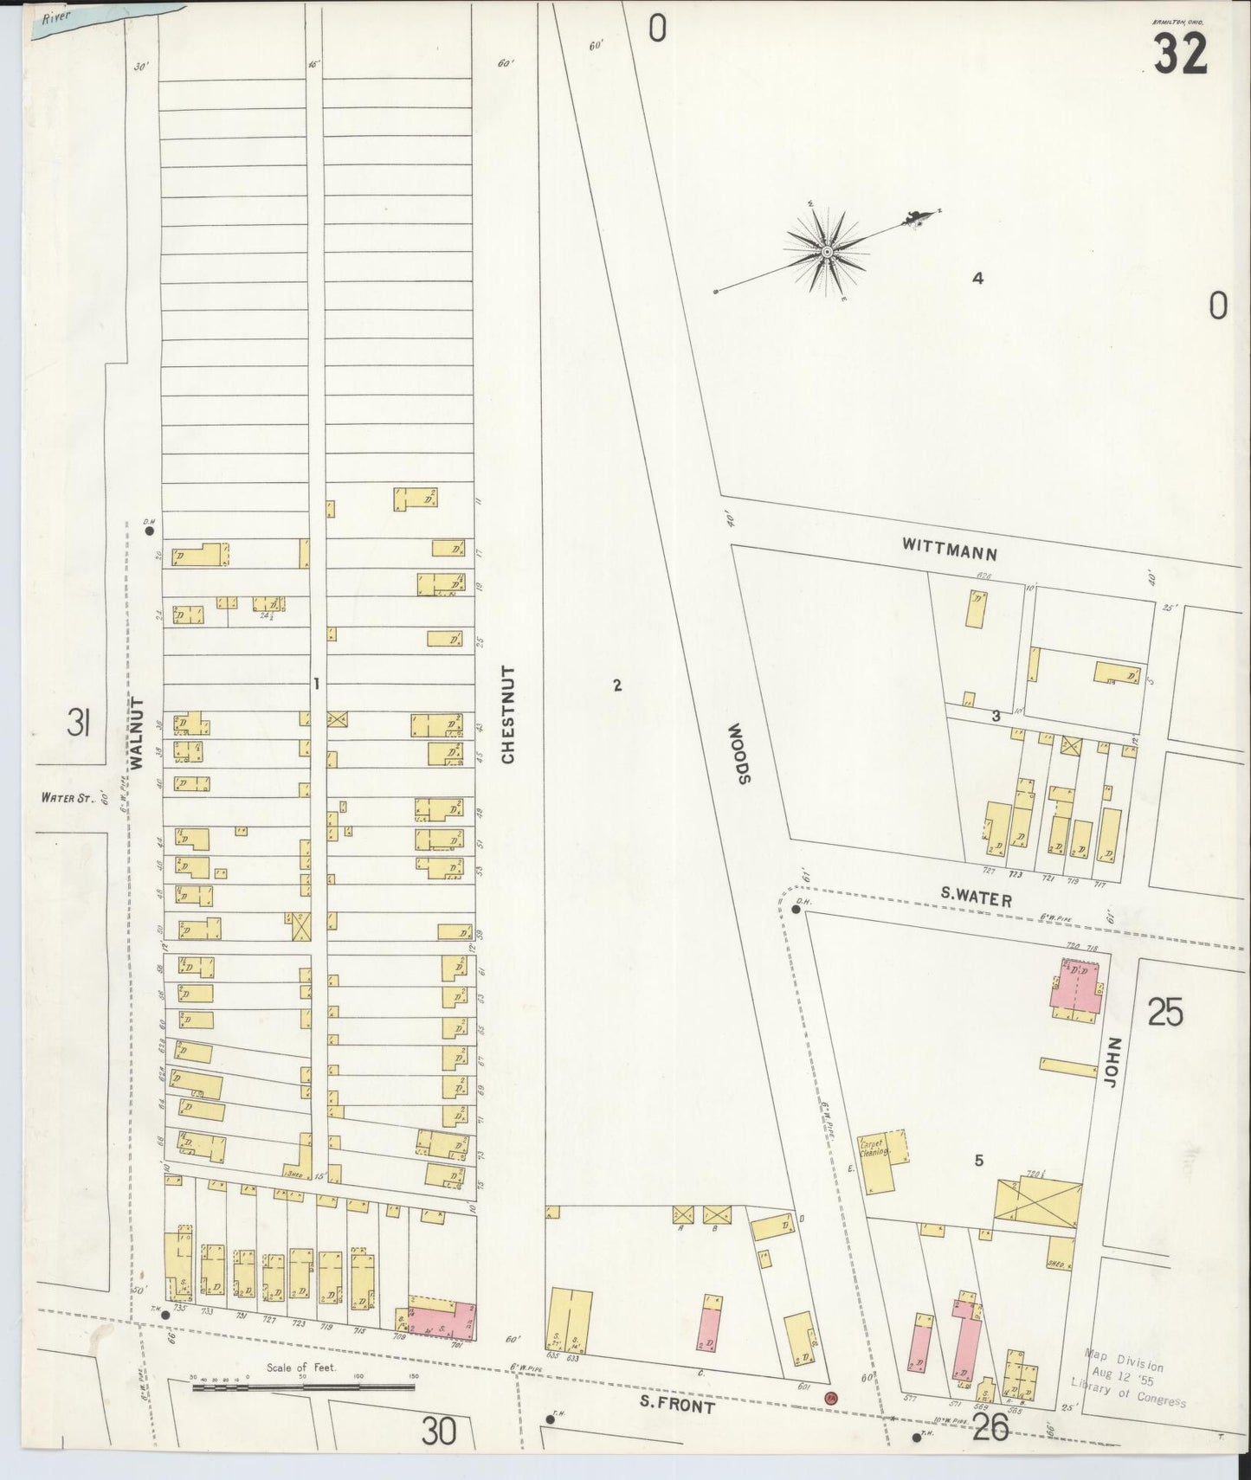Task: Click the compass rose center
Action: [x=827, y=252]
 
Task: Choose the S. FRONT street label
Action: [x=679, y=1406]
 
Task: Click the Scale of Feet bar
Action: [x=303, y=1387]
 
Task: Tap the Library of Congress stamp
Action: [x=1127, y=1383]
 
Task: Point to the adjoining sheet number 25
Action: [x=1165, y=1012]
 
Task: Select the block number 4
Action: [x=977, y=279]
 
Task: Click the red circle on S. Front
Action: [x=831, y=1398]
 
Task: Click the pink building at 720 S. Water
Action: [x=1075, y=988]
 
